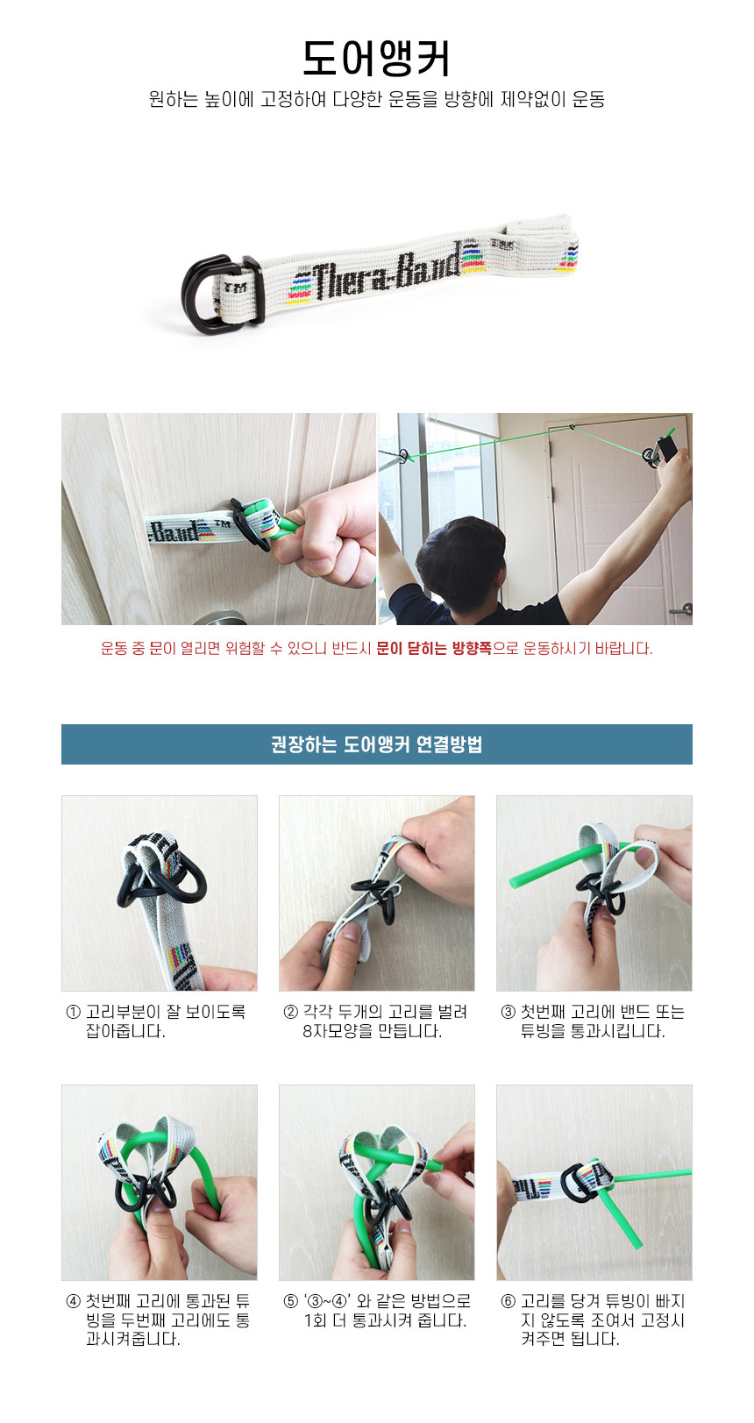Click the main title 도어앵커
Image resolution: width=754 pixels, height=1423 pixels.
click(x=376, y=59)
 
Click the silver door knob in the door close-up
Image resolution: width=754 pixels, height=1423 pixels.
click(x=219, y=617)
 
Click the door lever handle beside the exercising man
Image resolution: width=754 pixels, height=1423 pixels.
click(x=681, y=608)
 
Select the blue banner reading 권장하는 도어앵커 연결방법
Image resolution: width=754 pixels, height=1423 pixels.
click(x=377, y=744)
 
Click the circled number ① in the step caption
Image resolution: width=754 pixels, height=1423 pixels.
click(x=74, y=1012)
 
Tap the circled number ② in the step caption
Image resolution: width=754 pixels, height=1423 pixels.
click(x=291, y=1012)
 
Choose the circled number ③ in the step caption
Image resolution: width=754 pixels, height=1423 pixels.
click(x=509, y=1012)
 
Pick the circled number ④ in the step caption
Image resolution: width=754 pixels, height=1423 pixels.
click(x=74, y=1301)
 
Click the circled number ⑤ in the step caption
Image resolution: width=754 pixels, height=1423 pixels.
click(x=291, y=1301)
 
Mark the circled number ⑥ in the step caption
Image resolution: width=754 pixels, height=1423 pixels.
click(x=509, y=1301)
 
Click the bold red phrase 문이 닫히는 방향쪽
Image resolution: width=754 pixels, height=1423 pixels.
click(x=434, y=649)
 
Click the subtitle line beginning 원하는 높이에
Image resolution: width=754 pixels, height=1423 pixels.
click(x=377, y=99)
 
